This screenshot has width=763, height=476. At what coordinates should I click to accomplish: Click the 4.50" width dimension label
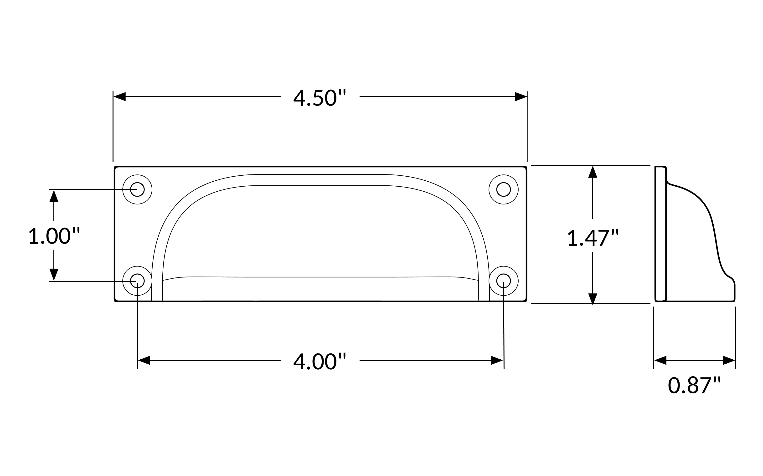point(320,98)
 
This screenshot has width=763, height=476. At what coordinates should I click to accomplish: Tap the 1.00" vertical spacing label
point(54,236)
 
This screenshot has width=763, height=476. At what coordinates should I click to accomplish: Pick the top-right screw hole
point(504,189)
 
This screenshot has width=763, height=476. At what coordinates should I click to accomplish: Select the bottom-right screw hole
point(504,281)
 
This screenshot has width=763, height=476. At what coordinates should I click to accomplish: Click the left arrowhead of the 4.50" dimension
point(119,97)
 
